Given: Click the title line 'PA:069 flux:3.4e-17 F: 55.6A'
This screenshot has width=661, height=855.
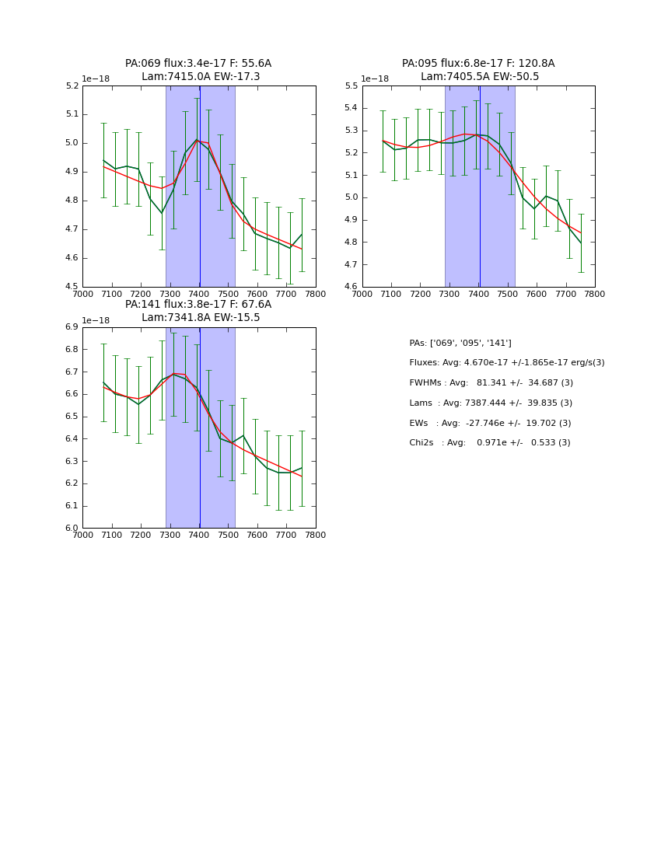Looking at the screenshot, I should point(198,64).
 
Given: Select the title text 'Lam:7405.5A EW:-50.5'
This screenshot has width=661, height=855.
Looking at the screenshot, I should point(479,77).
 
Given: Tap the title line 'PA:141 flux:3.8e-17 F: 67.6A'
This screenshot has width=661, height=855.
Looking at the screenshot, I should point(198,305).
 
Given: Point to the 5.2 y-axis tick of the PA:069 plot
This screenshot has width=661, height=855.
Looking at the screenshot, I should point(72,86).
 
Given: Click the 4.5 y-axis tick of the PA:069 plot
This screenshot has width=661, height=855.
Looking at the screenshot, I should point(72,287).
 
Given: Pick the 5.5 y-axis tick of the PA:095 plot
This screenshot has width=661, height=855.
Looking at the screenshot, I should point(351,86).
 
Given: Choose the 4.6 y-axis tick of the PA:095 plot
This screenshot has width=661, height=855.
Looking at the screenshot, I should point(351,287).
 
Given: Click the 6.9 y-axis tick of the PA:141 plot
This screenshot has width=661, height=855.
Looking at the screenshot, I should point(72,327).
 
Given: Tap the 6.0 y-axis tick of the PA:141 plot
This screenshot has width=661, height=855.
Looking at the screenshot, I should point(72,529).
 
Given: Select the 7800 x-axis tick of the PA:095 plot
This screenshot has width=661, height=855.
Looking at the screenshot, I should point(595,294).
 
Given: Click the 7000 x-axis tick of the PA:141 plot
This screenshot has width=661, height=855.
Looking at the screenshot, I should point(82,535).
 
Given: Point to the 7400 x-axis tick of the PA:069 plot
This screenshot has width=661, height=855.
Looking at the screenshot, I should point(199,294).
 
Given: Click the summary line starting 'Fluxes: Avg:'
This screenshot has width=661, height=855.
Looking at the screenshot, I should point(506,363).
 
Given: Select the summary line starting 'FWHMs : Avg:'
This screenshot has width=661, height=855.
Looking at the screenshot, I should point(491,383).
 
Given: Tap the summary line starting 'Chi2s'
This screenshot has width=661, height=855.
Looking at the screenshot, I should point(489,443).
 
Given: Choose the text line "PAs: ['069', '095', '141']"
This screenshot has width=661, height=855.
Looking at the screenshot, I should point(460,343).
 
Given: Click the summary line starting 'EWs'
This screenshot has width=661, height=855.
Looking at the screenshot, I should point(489,423).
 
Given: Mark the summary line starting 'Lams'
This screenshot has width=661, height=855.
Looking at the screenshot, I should point(490,403).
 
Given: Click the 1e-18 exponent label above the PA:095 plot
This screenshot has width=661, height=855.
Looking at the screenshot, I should point(375,79).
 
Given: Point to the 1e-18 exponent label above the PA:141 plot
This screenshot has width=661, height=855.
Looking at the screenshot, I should point(96,320).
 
